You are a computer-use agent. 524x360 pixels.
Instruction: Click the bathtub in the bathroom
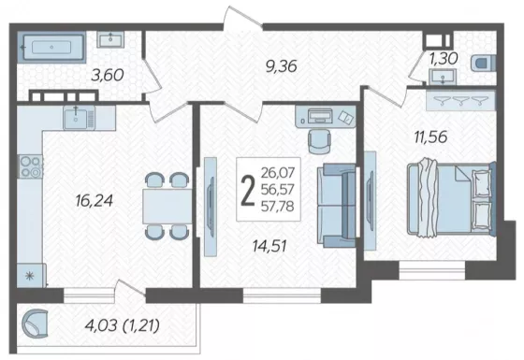point(51,47)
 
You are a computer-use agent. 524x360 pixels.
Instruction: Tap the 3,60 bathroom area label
point(108,75)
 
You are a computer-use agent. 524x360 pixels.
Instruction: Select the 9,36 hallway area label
point(281,66)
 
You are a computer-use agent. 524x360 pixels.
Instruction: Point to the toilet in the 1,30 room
point(483,64)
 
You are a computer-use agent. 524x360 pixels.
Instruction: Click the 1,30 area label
point(444,59)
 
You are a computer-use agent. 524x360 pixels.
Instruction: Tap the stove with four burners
point(31,166)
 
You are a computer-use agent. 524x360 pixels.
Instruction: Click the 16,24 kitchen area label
point(95,200)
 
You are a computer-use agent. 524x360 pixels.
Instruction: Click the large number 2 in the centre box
point(248,190)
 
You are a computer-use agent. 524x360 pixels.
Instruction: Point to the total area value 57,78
point(277,206)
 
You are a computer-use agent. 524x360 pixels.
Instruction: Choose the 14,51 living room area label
point(269,247)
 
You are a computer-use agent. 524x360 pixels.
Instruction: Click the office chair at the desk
point(320,141)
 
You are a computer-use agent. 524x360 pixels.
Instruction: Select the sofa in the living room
point(337,206)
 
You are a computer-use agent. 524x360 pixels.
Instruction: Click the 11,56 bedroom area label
point(430,137)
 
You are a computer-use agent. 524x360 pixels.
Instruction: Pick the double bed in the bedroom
point(450,197)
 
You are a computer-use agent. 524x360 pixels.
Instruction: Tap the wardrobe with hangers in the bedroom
point(460,100)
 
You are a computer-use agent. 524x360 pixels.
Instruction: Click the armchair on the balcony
point(35,324)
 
